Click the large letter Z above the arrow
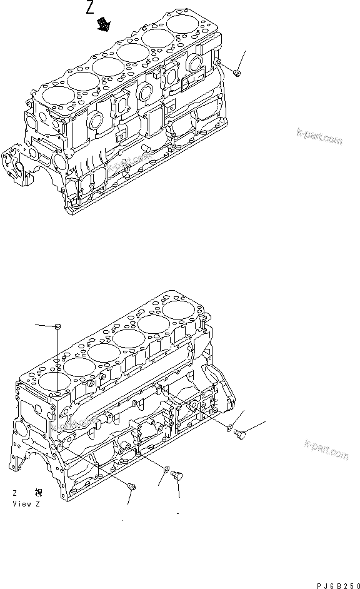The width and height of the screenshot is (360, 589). (92, 9)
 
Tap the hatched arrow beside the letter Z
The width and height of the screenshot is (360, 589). (102, 24)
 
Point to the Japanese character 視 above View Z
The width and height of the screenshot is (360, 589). (39, 493)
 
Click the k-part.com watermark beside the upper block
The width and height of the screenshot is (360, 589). (319, 138)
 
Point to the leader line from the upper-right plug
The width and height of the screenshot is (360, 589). (244, 61)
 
